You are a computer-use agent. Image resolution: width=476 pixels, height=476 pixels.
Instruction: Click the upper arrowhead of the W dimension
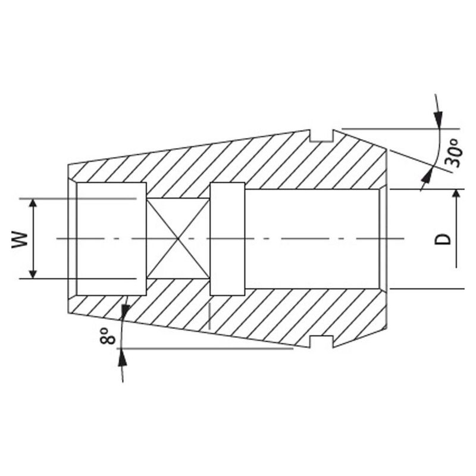(x=34, y=203)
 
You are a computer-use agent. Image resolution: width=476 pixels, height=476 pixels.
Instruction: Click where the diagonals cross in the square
(x=178, y=239)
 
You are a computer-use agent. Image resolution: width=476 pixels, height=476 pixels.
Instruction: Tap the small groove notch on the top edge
(x=321, y=137)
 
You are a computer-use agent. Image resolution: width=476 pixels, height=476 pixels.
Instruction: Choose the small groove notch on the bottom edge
(x=321, y=341)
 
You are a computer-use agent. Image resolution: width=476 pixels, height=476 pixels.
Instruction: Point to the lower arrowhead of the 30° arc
(x=426, y=176)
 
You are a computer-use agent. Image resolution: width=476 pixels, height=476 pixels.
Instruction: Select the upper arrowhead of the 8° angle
(x=125, y=311)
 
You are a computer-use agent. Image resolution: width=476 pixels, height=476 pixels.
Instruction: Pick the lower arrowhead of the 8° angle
(x=122, y=356)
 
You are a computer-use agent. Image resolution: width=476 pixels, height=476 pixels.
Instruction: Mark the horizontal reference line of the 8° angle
(x=208, y=349)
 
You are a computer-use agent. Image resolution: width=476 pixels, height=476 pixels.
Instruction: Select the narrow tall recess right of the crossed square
(x=227, y=239)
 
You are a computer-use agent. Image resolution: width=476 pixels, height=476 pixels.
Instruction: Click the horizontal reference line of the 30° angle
(x=405, y=129)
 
